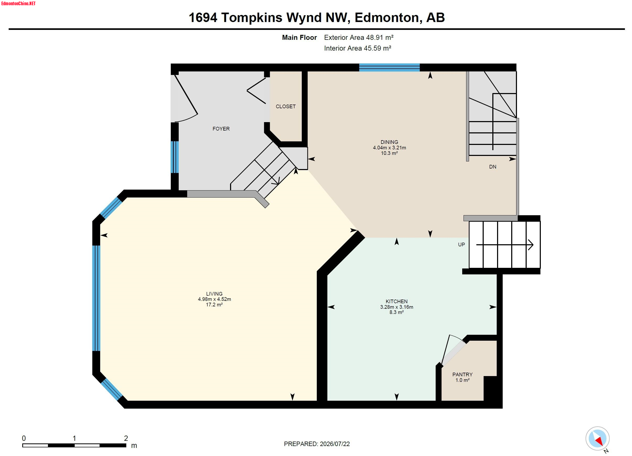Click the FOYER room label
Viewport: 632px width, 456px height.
pyautogui.click(x=221, y=129)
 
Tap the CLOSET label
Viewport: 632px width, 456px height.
pyautogui.click(x=286, y=106)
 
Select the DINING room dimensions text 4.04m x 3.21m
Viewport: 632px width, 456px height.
pyautogui.click(x=389, y=148)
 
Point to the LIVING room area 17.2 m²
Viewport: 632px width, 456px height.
pyautogui.click(x=214, y=305)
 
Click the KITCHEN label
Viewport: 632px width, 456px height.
pyautogui.click(x=396, y=301)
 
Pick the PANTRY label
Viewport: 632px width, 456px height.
pyautogui.click(x=462, y=374)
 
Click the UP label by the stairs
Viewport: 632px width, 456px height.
pyautogui.click(x=461, y=245)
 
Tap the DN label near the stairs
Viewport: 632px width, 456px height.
pyautogui.click(x=493, y=167)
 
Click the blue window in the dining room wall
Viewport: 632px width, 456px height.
pyautogui.click(x=389, y=67)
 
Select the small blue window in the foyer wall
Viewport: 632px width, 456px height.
pyautogui.click(x=175, y=157)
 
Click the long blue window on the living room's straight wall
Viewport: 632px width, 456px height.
pyautogui.click(x=96, y=298)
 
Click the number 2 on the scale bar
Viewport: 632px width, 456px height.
pyautogui.click(x=126, y=438)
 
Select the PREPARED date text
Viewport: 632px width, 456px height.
pyautogui.click(x=317, y=444)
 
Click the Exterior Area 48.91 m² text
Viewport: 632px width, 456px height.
pyautogui.click(x=359, y=37)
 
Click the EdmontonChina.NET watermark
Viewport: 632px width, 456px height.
pyautogui.click(x=18, y=4)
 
